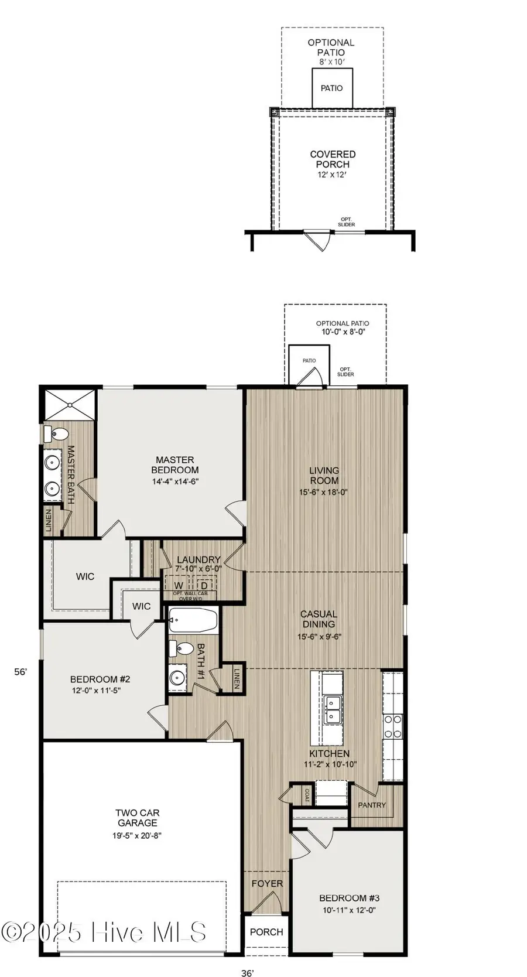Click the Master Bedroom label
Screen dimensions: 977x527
[x=174, y=465]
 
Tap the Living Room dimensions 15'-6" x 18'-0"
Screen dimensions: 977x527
[x=323, y=493]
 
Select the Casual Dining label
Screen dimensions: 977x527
[x=319, y=619]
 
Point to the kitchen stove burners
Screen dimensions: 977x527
[x=393, y=726]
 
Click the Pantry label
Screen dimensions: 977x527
[x=372, y=805]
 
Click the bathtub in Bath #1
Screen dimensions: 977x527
[x=193, y=620]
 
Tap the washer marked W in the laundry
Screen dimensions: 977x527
[x=179, y=585]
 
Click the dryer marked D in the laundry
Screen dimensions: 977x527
[x=204, y=585]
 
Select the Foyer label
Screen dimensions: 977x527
[x=267, y=883]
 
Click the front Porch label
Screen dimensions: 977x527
[x=266, y=932]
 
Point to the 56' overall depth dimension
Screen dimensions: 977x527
[x=20, y=672]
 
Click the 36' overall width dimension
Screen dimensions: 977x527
[x=247, y=973]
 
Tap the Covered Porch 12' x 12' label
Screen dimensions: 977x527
[x=333, y=164]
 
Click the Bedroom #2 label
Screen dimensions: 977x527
[x=100, y=679]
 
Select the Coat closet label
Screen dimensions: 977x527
[x=307, y=795]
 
